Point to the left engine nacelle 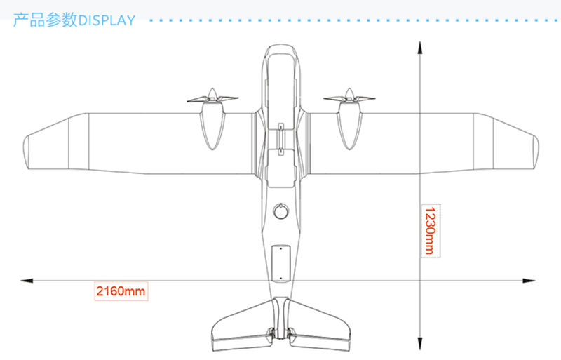(x=213, y=126)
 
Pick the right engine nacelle (x=348, y=126)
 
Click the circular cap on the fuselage (x=280, y=210)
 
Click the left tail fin (x=242, y=326)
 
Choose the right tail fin (x=319, y=326)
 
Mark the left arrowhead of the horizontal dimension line (x=27, y=280)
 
